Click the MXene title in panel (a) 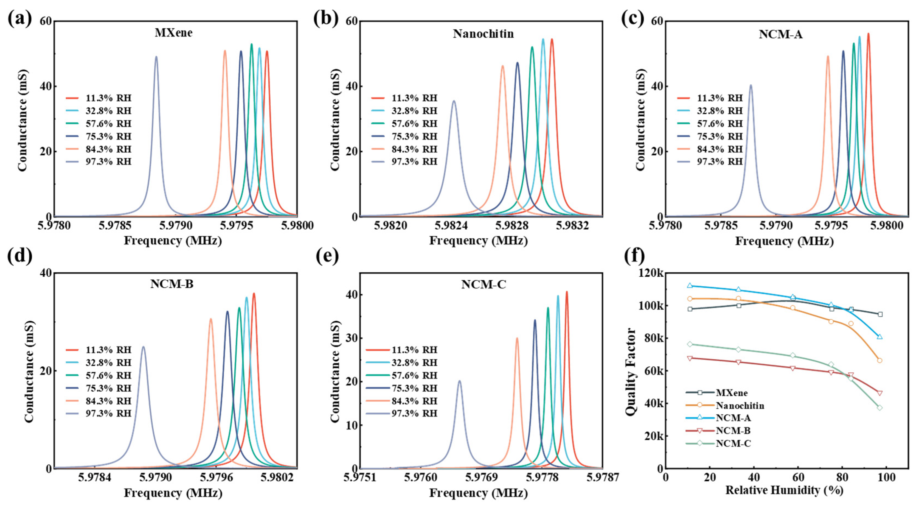tap(174, 33)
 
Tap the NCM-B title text tap(172, 284)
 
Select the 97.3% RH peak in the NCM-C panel tap(460, 381)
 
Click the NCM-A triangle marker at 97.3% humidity tap(879, 337)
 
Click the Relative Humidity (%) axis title tap(784, 490)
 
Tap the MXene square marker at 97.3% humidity tap(880, 314)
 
